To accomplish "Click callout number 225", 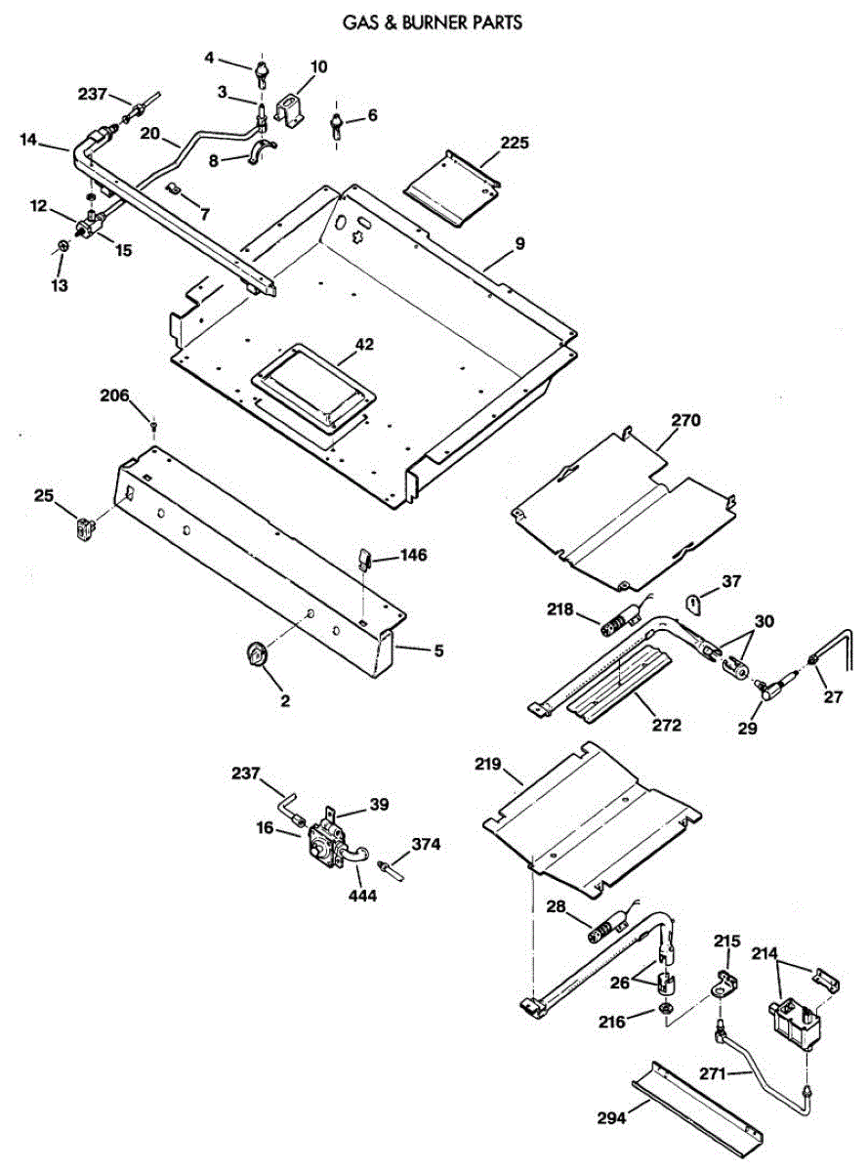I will click(515, 143).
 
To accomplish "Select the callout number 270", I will click(685, 421).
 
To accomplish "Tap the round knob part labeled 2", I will click(257, 653).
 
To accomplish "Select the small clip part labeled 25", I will click(85, 527).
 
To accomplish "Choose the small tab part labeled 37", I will click(693, 602).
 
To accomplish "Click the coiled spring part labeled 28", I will click(607, 928).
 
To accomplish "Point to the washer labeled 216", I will click(665, 1009).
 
